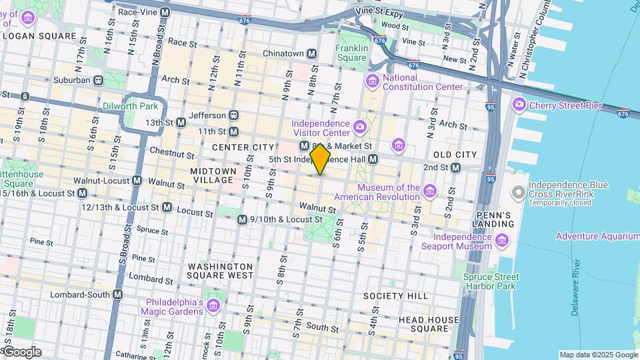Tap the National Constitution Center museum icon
(373, 81)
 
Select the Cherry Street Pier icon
(519, 105)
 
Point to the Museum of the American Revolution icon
(430, 193)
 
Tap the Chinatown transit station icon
(311, 53)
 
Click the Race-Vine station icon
(165, 12)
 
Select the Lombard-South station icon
(118, 294)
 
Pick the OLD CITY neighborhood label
(455, 155)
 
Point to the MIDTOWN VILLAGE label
(213, 175)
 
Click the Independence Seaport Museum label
(462, 241)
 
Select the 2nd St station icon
(455, 167)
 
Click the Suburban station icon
(98, 80)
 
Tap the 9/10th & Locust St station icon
(242, 219)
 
